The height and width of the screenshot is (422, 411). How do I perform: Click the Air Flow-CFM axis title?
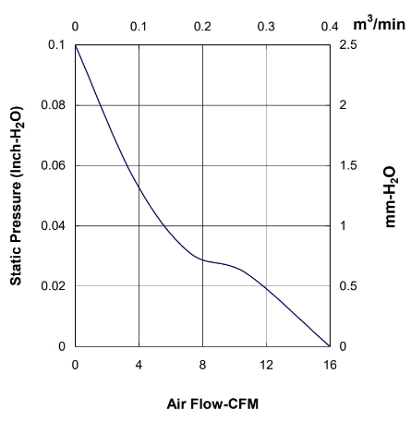(x=212, y=404)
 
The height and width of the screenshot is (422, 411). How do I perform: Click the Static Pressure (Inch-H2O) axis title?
(x=17, y=196)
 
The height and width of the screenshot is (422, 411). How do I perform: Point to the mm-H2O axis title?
(x=391, y=197)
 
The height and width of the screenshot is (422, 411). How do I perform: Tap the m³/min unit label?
(x=379, y=24)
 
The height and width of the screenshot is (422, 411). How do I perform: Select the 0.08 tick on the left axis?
(x=54, y=105)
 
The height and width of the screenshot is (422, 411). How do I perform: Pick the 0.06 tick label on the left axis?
(x=54, y=165)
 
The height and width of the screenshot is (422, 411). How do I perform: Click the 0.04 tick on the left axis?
(x=54, y=225)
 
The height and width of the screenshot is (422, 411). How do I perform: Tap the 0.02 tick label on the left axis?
(x=54, y=286)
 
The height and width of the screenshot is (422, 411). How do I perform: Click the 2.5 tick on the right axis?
(x=348, y=44)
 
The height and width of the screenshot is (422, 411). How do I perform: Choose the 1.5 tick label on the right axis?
(x=348, y=165)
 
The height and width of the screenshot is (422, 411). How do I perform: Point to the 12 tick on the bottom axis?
(x=266, y=365)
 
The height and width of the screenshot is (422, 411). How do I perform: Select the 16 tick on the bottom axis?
(x=330, y=365)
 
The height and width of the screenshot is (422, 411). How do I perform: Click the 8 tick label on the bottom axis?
(x=202, y=365)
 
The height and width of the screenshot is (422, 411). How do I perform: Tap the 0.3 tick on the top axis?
(x=266, y=27)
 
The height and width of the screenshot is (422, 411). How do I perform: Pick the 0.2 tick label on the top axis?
(x=202, y=27)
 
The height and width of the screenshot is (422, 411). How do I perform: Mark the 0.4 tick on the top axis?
(x=330, y=27)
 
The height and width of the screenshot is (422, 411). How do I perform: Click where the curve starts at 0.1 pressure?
(x=76, y=45)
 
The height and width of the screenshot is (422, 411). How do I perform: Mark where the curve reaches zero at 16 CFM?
(x=330, y=346)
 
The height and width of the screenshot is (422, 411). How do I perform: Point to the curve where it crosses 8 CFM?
(x=202, y=259)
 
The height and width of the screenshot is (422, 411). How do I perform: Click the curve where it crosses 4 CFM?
(x=139, y=187)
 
